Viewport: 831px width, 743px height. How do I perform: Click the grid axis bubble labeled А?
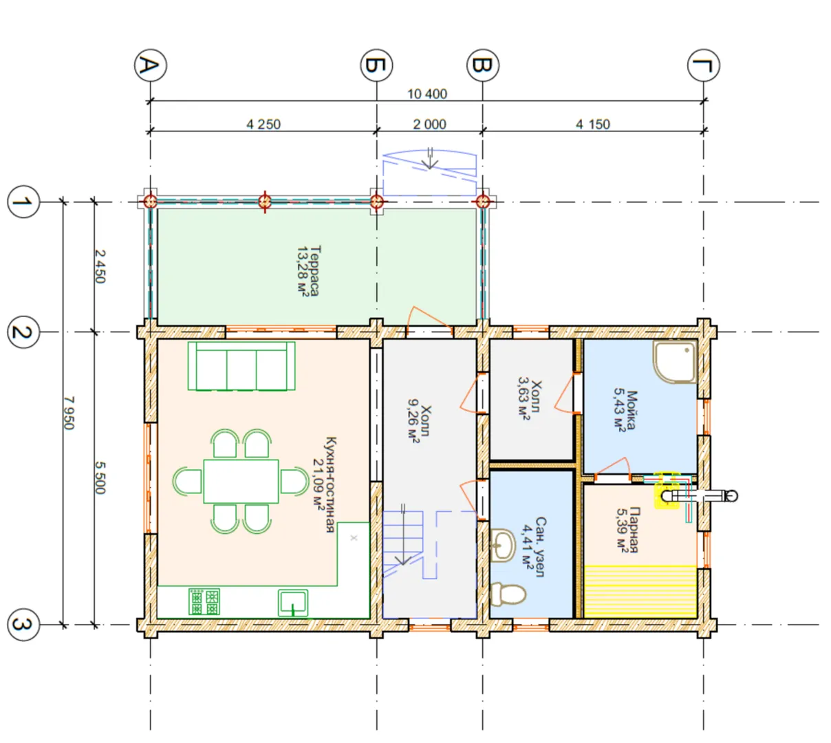[150, 65]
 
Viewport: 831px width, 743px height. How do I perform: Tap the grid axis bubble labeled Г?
[704, 65]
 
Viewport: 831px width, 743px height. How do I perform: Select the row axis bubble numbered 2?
[23, 332]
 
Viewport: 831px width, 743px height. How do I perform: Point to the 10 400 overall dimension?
[427, 94]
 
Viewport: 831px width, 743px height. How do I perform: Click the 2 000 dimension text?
[429, 124]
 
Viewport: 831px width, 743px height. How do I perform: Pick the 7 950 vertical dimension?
[69, 413]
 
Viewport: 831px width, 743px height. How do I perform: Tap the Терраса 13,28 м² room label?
[309, 270]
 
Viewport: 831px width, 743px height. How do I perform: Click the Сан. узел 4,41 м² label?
[534, 548]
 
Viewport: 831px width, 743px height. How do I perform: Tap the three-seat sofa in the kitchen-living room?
[241, 367]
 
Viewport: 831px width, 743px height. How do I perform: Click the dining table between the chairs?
[241, 482]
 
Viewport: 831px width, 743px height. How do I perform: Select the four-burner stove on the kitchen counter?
[204, 602]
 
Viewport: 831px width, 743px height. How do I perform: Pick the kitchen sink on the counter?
[293, 603]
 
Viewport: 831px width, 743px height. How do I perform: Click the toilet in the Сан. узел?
[508, 594]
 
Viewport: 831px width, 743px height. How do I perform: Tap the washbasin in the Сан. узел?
[502, 546]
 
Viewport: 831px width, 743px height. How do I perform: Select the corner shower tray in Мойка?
[675, 362]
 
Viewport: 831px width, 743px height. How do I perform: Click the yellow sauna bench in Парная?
[640, 591]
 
